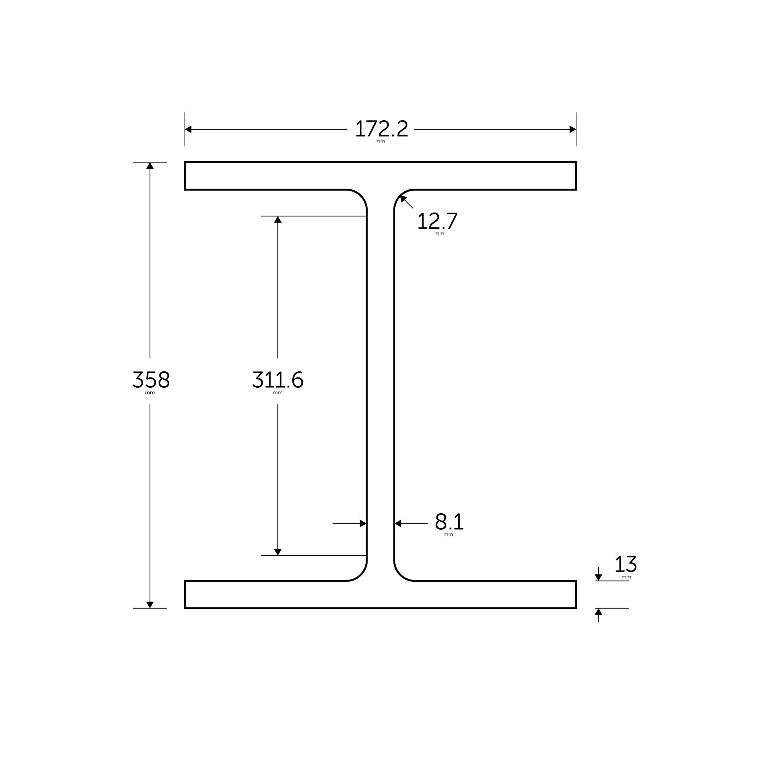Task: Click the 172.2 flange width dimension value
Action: pos(381,129)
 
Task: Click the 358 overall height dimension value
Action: pos(151,380)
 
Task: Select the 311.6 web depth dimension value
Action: pos(278,380)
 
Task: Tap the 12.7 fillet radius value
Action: pos(437,221)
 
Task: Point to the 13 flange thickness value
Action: pos(626,564)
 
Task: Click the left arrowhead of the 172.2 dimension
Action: pos(188,129)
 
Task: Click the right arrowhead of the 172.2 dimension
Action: pos(573,129)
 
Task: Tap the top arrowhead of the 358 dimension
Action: pos(150,166)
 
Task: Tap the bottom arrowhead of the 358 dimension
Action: pos(150,605)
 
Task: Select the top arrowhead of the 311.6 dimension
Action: pos(278,220)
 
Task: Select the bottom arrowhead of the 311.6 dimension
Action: pos(278,552)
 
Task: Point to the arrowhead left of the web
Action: pos(363,524)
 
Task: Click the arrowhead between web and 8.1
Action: pos(398,524)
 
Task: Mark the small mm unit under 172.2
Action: pos(380,142)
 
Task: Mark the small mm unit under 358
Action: pos(150,393)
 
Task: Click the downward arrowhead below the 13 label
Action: pos(598,578)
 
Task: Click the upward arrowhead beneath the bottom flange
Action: pos(598,612)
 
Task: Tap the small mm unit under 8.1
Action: pos(448,535)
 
